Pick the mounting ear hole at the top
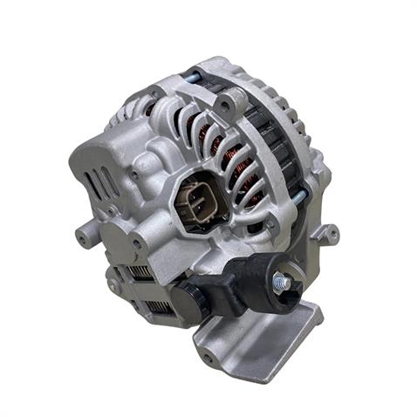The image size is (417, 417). (x=226, y=104)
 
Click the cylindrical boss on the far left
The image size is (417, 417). (x=83, y=235)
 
